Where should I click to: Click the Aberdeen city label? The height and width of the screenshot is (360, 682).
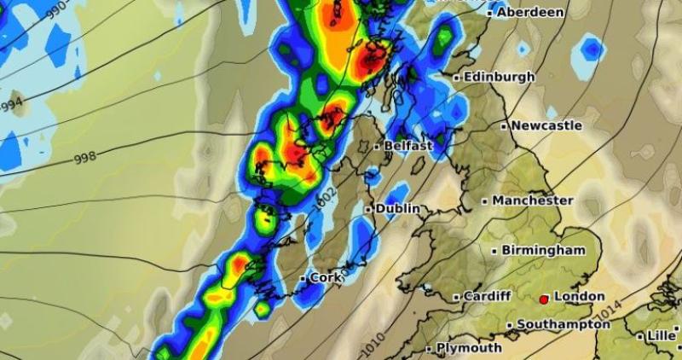[x=530, y=12]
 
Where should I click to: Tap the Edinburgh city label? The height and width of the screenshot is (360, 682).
[x=500, y=77]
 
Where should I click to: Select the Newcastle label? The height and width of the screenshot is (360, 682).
[x=547, y=125]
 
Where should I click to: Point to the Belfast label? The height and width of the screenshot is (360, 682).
[x=408, y=147]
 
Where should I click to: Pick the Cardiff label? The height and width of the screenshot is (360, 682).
[x=487, y=296]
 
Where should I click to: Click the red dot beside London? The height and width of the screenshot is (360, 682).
[x=544, y=299]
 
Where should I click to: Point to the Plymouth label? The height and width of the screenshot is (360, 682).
[x=469, y=348]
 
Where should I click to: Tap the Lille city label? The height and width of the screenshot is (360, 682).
[x=661, y=336]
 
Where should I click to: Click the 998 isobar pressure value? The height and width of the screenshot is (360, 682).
[x=85, y=159]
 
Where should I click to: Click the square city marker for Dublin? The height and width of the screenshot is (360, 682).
[x=368, y=209]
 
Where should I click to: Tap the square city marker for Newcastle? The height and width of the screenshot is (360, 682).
[x=504, y=126]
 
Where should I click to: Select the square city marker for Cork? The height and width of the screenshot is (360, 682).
[x=303, y=279]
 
